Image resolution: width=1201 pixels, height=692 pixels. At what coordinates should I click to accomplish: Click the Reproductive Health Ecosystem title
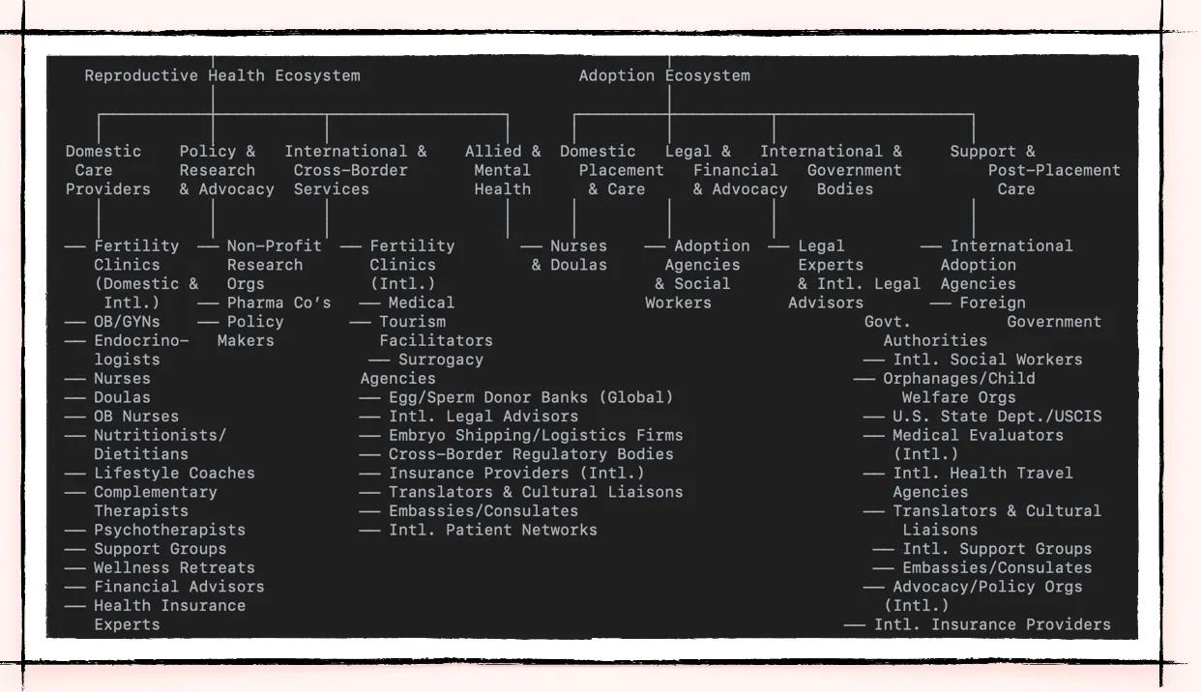tap(221, 75)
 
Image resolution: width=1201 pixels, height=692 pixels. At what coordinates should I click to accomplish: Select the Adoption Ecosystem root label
tap(664, 75)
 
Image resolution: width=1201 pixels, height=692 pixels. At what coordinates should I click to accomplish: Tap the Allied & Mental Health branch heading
tap(503, 170)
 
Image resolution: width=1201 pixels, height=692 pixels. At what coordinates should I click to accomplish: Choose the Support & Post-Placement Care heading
tap(1015, 170)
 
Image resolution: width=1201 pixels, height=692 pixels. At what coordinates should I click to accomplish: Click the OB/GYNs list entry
tap(127, 322)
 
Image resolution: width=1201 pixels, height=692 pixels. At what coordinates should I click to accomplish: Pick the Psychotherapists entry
tap(169, 530)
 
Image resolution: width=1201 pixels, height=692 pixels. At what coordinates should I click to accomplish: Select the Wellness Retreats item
tap(174, 567)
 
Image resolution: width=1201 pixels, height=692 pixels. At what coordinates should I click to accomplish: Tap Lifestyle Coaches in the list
tap(174, 473)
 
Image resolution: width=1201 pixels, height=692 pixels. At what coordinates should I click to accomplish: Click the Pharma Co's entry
tap(278, 303)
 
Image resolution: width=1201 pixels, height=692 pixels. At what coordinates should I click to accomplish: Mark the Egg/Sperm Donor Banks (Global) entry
tap(531, 397)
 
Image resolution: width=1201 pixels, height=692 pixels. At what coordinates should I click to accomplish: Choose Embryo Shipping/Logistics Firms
tap(536, 435)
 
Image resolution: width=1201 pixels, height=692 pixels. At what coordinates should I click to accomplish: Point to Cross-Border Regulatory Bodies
tap(531, 454)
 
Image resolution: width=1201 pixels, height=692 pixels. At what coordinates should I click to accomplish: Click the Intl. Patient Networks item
tap(493, 530)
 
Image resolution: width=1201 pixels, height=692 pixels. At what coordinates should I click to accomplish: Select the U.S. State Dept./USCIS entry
tap(997, 417)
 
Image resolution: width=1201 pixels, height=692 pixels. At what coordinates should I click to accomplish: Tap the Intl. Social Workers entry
tap(987, 360)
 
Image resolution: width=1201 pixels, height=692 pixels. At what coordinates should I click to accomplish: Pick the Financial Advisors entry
tap(179, 587)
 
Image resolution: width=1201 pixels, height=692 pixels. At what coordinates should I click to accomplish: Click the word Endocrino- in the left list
tap(141, 340)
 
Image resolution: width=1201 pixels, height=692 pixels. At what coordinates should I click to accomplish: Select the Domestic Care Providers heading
tap(107, 170)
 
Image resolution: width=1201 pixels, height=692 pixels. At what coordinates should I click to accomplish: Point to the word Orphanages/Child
tap(958, 378)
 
